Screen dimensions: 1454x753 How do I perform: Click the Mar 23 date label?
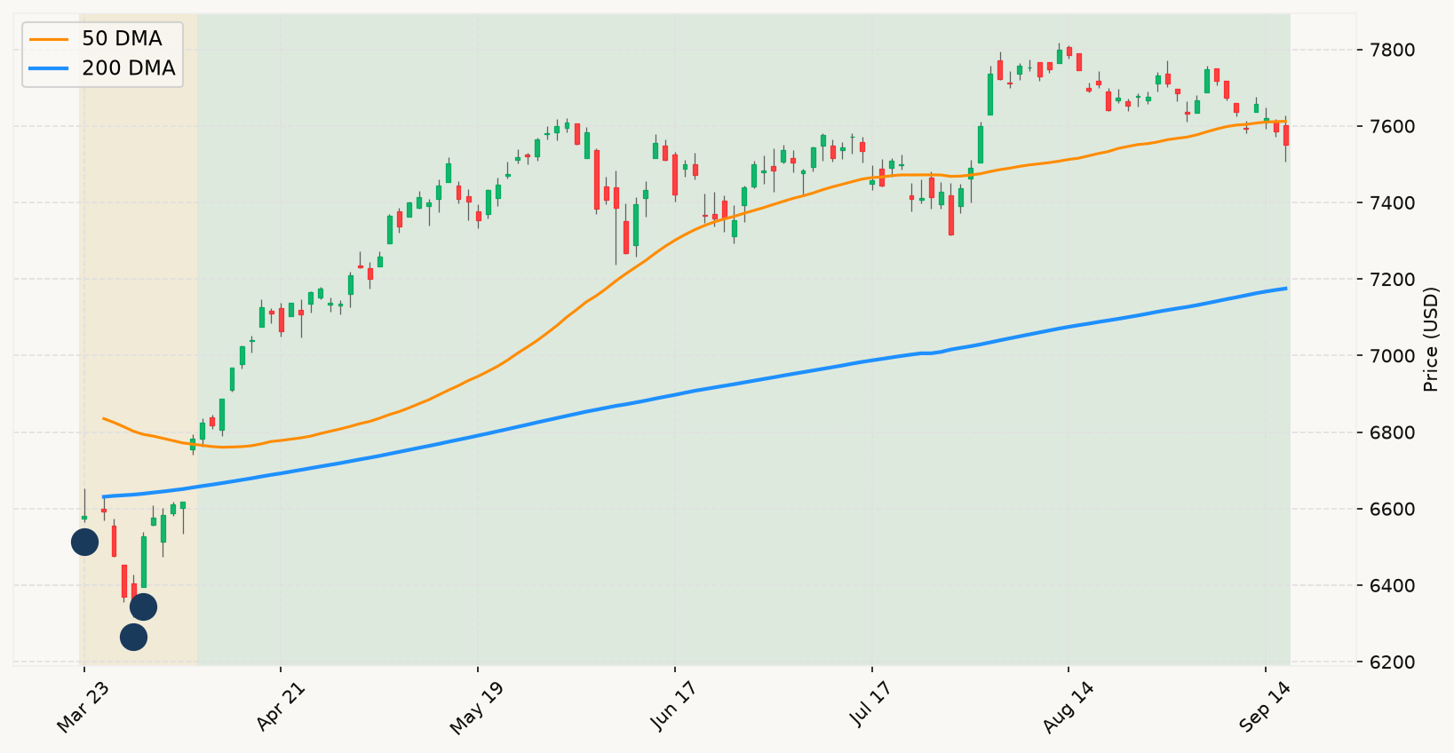tap(83, 707)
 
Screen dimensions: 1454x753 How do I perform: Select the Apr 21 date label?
tap(281, 707)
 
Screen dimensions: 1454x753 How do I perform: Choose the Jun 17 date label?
tap(674, 707)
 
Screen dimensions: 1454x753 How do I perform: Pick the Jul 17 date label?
tap(871, 706)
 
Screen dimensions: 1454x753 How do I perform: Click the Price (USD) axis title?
tap(1430, 339)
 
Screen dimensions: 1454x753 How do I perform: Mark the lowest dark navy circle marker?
tap(134, 638)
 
